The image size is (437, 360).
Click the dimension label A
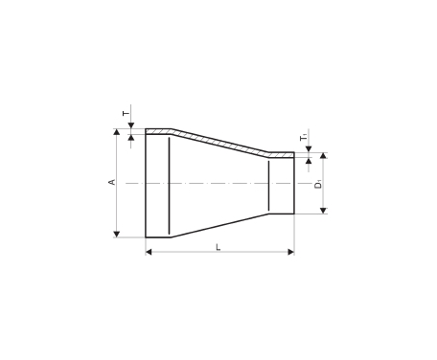pos(112,182)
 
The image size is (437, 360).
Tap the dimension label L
pos(218,247)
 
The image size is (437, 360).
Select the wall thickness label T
pos(126,113)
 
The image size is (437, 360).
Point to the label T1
pos(304,138)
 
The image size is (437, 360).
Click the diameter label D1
pos(318,185)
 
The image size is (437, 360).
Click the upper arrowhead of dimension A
pos(117,132)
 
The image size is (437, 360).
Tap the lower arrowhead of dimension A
pos(117,235)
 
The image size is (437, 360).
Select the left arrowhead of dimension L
pos(149,252)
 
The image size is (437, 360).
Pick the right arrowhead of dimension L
pos(290,252)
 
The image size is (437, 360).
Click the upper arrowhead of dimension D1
pos(323,155)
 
